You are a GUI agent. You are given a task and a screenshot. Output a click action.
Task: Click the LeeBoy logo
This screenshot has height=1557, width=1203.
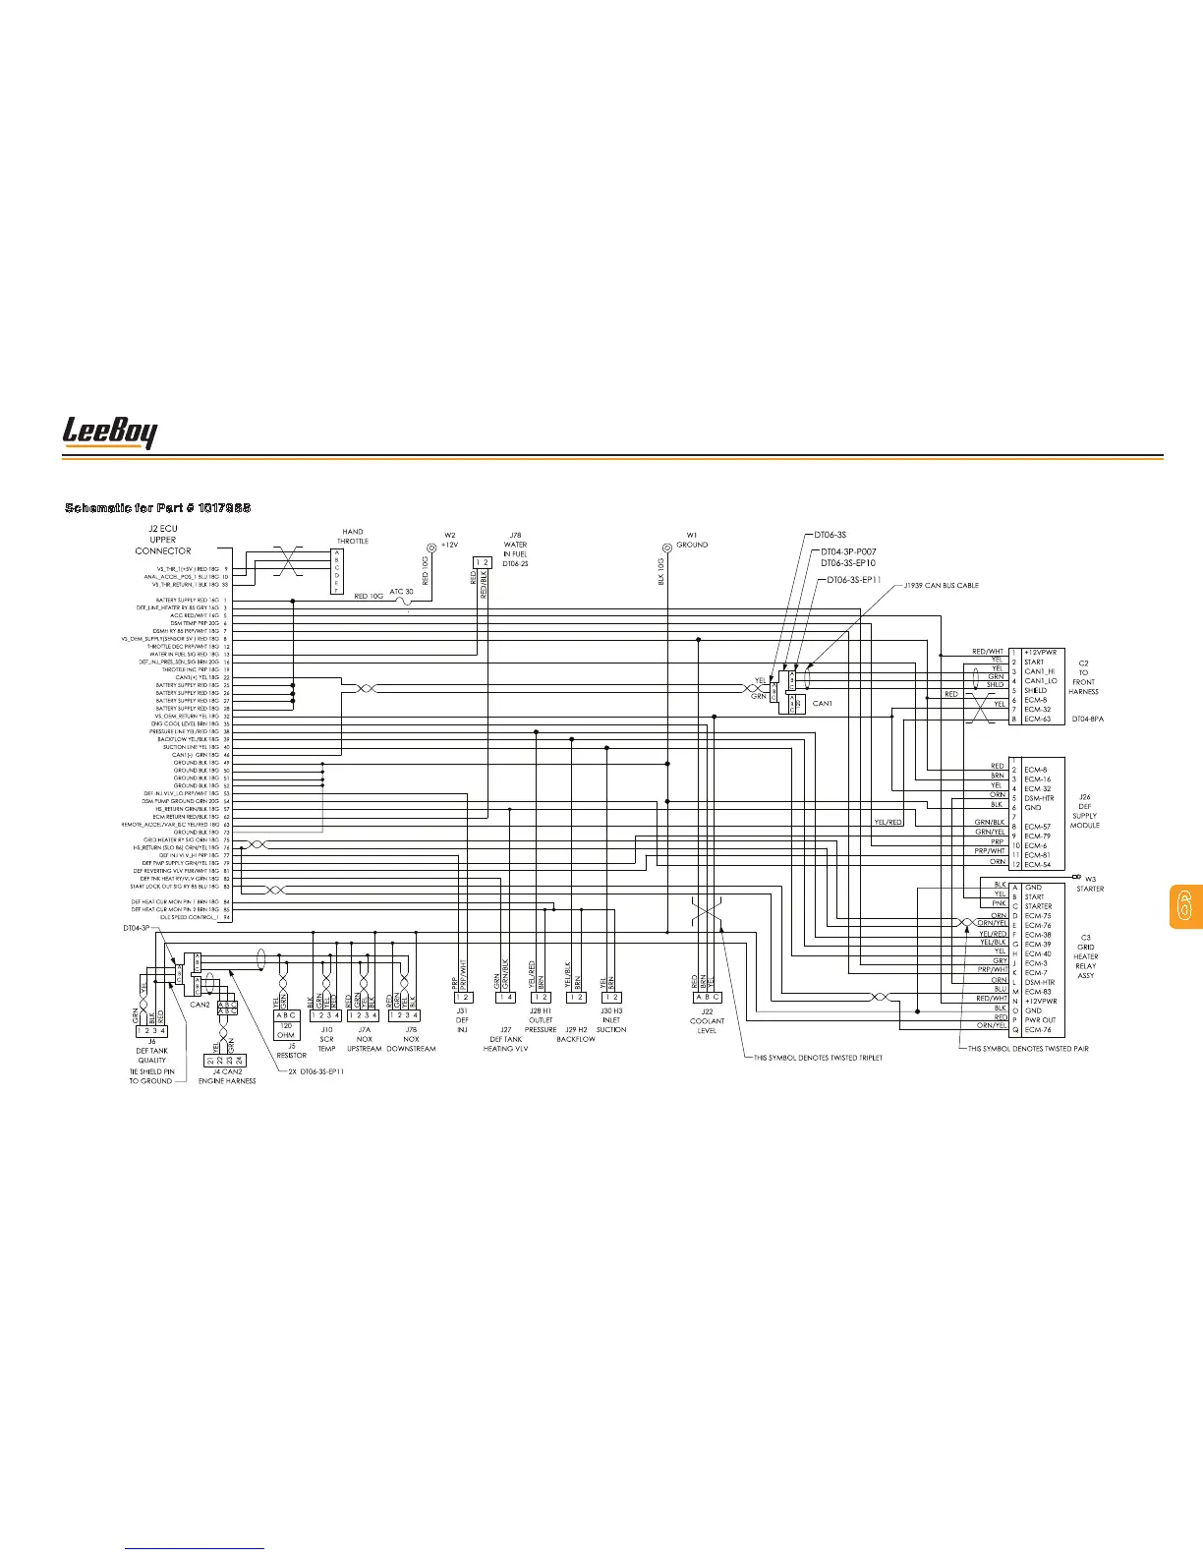tap(110, 432)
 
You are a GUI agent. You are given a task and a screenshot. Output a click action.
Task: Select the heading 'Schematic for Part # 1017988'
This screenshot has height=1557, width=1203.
tap(157, 507)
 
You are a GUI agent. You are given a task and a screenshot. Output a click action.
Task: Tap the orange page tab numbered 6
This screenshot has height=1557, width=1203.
tap(1184, 906)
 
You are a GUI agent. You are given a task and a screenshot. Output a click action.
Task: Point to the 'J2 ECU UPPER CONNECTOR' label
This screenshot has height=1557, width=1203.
tap(163, 540)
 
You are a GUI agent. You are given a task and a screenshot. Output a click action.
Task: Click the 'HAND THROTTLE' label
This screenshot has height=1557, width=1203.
tap(352, 537)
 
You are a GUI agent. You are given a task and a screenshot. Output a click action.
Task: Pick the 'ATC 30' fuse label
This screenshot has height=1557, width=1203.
tap(402, 592)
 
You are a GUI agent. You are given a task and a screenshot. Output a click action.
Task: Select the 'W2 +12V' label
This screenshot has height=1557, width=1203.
tap(449, 540)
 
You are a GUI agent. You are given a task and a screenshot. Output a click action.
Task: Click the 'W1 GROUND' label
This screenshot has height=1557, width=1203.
tap(691, 540)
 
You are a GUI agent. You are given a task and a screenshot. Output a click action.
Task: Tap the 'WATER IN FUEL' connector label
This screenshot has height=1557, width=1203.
tap(515, 548)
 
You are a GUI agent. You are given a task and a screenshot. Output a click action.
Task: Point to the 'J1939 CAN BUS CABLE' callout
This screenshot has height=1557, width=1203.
tap(942, 586)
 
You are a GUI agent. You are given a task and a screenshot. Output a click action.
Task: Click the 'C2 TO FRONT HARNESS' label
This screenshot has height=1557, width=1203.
tap(1083, 677)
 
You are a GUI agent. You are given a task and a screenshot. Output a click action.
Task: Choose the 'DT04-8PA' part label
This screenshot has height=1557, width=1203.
tap(1087, 719)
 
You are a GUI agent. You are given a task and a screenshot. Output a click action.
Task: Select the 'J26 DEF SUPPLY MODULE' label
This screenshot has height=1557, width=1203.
tap(1085, 811)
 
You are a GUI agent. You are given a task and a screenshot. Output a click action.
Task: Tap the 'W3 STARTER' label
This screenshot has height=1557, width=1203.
tap(1090, 884)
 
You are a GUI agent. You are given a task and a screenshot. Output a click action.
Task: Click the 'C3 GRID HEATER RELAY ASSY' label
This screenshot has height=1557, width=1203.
tap(1085, 956)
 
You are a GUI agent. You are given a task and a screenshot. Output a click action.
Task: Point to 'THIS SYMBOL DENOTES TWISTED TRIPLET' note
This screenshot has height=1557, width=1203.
tap(818, 1058)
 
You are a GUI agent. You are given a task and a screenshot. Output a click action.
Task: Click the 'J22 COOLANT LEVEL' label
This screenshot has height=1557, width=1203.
tap(707, 1020)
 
